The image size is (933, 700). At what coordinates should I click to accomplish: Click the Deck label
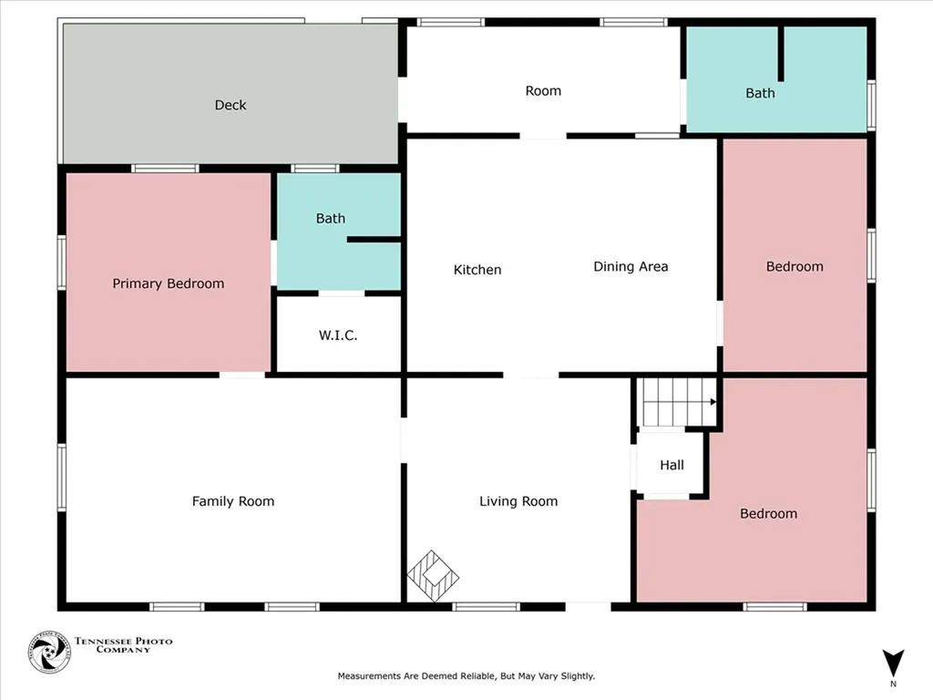[231, 105]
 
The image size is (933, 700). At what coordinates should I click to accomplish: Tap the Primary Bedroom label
[169, 283]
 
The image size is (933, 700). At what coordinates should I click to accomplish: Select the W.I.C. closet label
[338, 335]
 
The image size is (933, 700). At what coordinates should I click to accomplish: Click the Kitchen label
[477, 270]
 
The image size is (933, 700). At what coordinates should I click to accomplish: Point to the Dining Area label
[631, 266]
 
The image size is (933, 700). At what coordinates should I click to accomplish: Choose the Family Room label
[233, 501]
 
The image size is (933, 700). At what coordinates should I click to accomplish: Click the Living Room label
[518, 501]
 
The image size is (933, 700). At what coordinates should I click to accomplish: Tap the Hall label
[672, 465]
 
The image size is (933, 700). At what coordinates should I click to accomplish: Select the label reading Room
[543, 90]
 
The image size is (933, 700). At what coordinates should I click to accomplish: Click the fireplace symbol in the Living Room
[433, 576]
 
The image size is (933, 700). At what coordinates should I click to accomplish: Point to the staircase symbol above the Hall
[678, 402]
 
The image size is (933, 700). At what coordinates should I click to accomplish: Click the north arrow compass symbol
[893, 664]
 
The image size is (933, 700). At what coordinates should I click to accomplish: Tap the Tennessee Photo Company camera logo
[49, 652]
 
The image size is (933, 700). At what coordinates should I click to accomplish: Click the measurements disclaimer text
[466, 676]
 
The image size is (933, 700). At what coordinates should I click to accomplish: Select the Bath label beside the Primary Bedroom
[330, 219]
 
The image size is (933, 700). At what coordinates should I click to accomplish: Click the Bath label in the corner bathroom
[761, 93]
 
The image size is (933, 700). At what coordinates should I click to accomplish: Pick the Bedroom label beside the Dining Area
[795, 266]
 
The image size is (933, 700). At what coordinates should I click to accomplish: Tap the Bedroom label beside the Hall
[769, 513]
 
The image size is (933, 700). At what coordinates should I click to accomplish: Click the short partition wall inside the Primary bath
[374, 240]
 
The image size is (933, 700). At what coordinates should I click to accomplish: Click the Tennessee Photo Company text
[123, 645]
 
